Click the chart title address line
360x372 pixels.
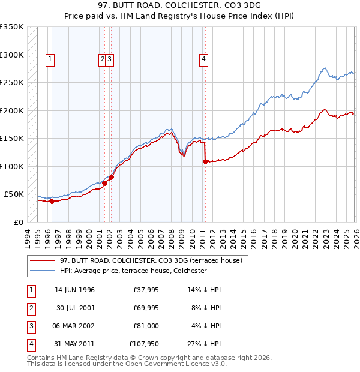[180, 5]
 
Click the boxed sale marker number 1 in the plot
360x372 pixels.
[49, 59]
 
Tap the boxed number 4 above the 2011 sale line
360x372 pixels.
[204, 59]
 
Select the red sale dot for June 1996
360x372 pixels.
[52, 201]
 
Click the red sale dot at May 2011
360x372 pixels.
[205, 161]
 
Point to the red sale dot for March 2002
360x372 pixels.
[111, 177]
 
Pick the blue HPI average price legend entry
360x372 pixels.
[133, 271]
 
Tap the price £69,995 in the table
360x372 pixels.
[146, 308]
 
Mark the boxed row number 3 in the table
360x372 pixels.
[31, 326]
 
